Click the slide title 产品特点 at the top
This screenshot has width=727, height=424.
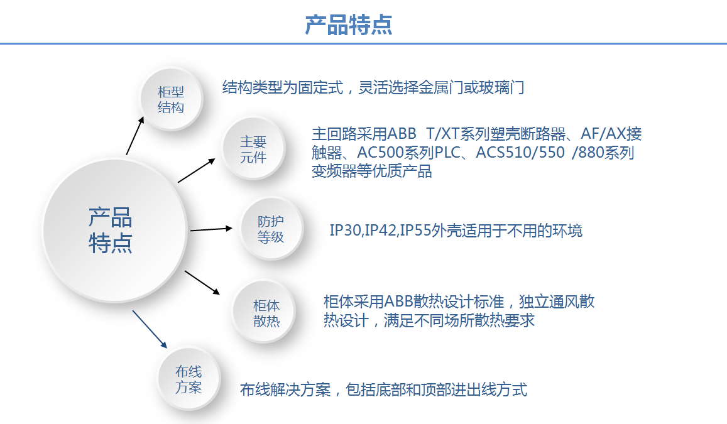(x=349, y=25)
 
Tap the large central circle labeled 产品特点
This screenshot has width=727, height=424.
(x=115, y=231)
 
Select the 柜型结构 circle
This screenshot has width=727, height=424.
(x=171, y=99)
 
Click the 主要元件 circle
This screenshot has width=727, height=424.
(x=254, y=148)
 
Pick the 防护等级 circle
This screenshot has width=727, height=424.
(x=271, y=229)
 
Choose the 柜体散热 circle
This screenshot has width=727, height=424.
(x=263, y=312)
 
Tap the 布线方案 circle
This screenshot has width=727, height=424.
(x=189, y=378)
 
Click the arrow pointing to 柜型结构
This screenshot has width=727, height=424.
(x=135, y=135)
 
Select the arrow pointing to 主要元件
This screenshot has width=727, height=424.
(x=197, y=170)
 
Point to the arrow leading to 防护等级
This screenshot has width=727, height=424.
(x=211, y=229)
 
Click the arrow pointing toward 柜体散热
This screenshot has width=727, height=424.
(x=202, y=283)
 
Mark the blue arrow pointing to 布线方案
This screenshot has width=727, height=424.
(x=150, y=329)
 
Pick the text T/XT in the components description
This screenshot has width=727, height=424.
(x=443, y=134)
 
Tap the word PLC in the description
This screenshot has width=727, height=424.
(x=447, y=153)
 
